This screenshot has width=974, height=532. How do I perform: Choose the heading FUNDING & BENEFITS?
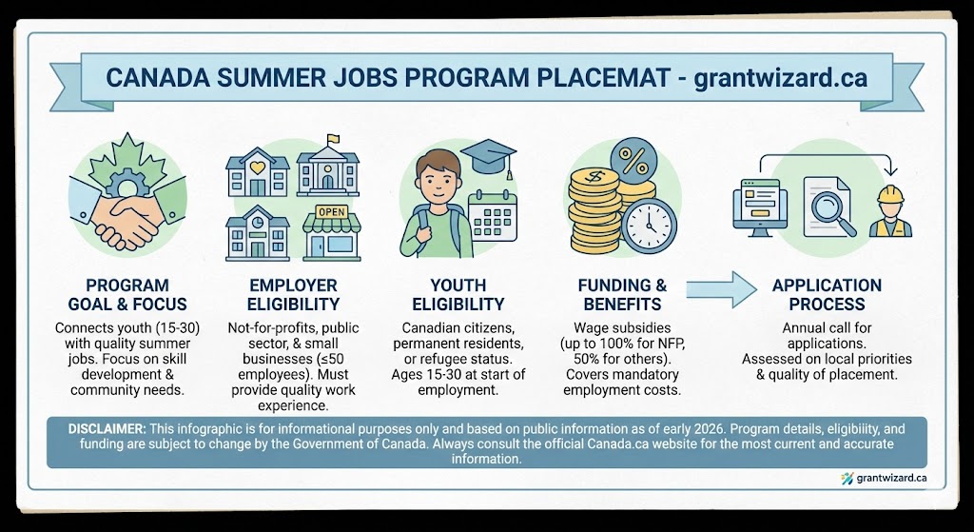click(x=622, y=295)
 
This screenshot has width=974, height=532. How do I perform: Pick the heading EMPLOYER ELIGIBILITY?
click(x=293, y=295)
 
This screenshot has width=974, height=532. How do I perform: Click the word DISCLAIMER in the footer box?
click(x=105, y=429)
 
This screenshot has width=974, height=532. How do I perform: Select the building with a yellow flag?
click(x=329, y=169)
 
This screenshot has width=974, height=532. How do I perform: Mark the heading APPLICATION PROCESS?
click(x=826, y=295)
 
